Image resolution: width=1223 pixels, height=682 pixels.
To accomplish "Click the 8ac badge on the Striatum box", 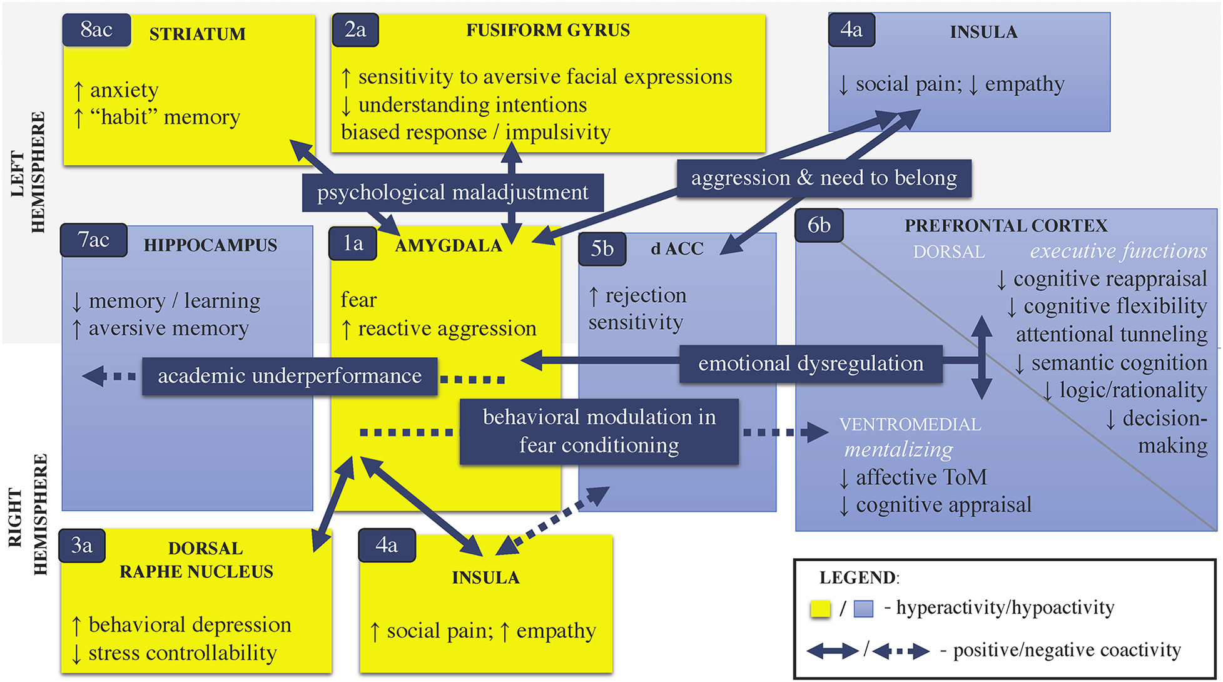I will point(96,30).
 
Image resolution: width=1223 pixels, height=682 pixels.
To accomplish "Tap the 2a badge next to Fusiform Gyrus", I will point(355,30).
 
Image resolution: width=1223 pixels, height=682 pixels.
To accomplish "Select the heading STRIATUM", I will point(197,34).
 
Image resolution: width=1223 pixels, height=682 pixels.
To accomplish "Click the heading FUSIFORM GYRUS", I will point(548,31).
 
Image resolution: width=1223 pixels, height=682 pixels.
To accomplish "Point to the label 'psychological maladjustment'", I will point(452,193).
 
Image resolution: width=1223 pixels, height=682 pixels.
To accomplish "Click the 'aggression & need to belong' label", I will point(823,178).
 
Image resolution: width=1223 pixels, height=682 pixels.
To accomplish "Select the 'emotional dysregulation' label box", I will point(811,364).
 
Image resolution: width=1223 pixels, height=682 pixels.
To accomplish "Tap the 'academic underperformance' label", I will point(289,376).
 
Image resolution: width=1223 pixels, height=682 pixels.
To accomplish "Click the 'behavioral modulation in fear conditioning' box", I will point(599,431).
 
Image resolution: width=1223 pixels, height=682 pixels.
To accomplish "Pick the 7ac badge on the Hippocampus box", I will point(93,240).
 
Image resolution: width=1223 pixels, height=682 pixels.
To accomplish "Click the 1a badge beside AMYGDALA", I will point(353,243).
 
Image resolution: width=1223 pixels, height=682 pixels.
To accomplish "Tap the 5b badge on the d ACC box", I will point(602,249).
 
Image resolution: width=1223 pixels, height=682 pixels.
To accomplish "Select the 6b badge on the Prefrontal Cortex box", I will point(818,225).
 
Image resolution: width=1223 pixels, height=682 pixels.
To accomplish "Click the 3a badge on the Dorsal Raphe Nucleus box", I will point(82,546).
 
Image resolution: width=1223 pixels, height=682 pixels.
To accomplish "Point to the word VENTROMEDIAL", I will point(910,425).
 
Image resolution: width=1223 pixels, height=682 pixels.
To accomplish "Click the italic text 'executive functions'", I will point(1118,252).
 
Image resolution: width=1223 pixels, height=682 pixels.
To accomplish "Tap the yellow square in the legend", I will point(820,609).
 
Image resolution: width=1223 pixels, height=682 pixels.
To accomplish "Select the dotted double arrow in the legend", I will point(901,651).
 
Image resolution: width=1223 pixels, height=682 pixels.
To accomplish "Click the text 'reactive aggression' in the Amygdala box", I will point(447,328).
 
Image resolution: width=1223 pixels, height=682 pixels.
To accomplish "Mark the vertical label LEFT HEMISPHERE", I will point(28,172).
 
